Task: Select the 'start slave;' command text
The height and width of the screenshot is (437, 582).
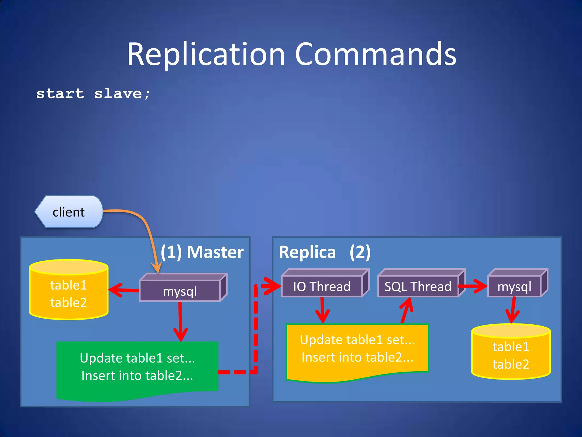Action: point(93,94)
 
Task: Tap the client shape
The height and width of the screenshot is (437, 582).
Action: point(69,212)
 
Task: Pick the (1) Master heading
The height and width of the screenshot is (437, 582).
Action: point(202,252)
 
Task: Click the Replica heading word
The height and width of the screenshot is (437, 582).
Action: point(307,252)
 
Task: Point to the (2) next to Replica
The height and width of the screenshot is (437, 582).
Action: point(360,252)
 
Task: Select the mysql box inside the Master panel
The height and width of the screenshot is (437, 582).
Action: point(180,291)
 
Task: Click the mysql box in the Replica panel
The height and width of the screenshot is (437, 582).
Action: point(514,286)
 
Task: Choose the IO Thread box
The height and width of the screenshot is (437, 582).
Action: point(322,286)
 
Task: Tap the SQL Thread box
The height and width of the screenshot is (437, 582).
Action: point(418,286)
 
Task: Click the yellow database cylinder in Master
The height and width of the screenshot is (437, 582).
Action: point(68,293)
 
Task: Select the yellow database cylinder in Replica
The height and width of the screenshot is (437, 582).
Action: point(511,354)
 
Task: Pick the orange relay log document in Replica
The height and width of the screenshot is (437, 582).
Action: point(357,350)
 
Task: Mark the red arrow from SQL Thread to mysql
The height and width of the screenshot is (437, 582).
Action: point(473,286)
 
